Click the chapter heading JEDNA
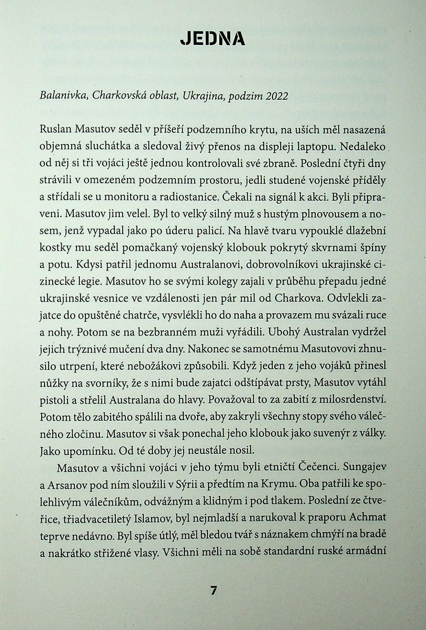212,39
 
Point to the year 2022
277,96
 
